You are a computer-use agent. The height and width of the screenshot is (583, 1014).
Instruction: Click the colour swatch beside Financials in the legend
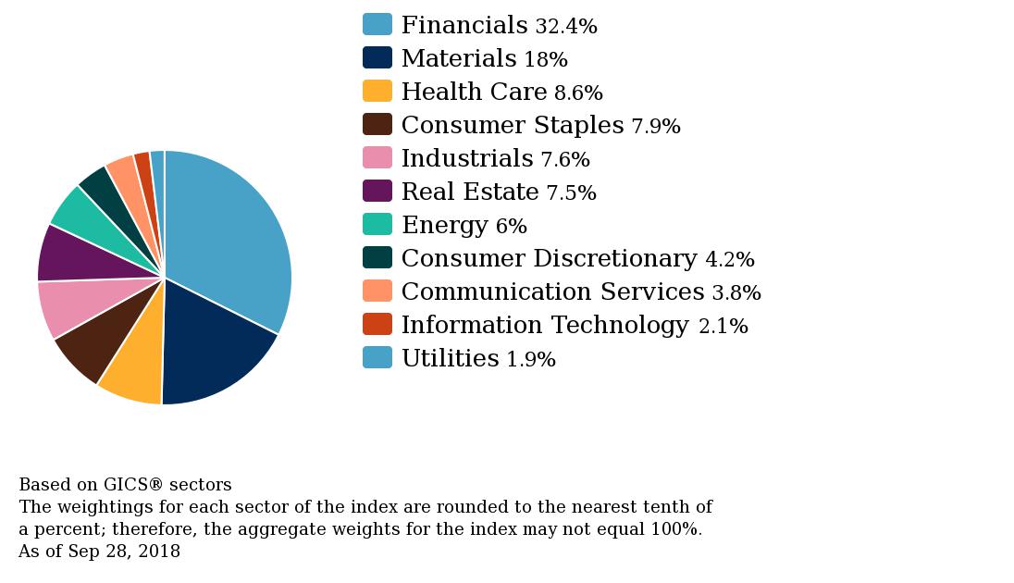[377, 25]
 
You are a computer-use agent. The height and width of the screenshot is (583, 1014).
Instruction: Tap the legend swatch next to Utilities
[377, 357]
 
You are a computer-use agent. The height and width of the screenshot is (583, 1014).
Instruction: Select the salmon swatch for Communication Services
[377, 291]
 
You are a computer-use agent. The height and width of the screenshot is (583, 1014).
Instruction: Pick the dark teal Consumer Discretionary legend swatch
[377, 257]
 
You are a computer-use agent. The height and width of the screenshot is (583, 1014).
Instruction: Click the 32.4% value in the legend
[566, 26]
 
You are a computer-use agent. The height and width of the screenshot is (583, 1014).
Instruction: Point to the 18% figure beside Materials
[546, 59]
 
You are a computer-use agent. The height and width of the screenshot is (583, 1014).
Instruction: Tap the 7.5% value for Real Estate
[571, 192]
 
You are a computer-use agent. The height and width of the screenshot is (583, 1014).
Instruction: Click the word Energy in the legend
[445, 225]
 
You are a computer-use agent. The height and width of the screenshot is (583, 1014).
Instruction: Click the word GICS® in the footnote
[133, 485]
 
